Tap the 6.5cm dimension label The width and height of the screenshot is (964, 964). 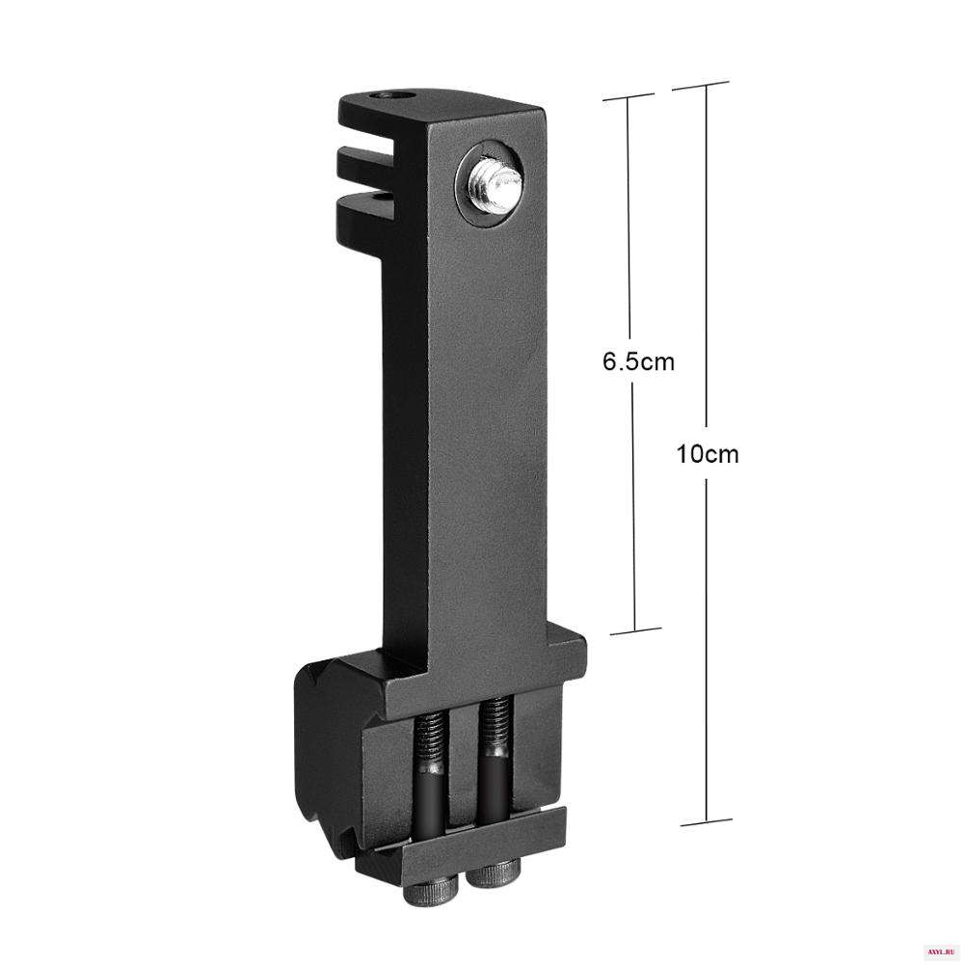(638, 361)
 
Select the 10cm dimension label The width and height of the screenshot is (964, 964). (707, 454)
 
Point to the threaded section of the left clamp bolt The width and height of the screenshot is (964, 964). (431, 740)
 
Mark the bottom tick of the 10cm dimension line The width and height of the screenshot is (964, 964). (707, 822)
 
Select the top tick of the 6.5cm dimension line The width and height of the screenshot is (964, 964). (628, 97)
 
